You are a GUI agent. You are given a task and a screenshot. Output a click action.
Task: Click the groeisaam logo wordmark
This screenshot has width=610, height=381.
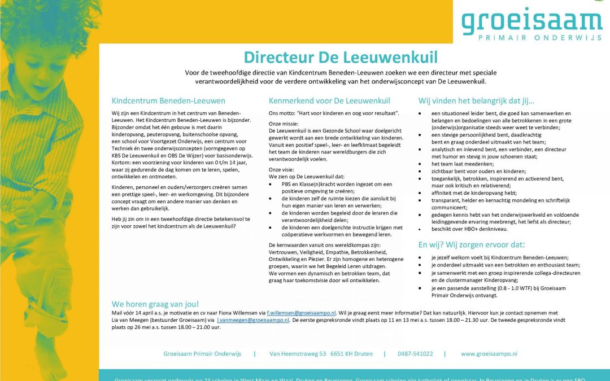(531, 21)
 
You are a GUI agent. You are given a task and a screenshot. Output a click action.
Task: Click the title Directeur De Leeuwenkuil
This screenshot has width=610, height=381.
(341, 57)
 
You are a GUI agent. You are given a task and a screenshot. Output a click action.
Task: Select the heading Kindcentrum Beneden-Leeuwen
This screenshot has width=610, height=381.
(168, 101)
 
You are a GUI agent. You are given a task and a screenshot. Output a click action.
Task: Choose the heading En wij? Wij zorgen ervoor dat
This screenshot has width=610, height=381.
(471, 244)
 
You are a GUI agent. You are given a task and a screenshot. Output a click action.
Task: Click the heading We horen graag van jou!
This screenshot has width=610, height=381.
(155, 304)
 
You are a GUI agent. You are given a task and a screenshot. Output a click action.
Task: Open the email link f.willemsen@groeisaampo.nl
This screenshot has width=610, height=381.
(302, 313)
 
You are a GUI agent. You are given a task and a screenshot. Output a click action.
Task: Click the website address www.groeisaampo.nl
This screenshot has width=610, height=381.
(489, 354)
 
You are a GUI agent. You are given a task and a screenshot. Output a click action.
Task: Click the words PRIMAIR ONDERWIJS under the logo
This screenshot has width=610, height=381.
(531, 39)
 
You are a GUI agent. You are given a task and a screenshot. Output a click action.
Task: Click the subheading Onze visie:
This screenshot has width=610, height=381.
(281, 169)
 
